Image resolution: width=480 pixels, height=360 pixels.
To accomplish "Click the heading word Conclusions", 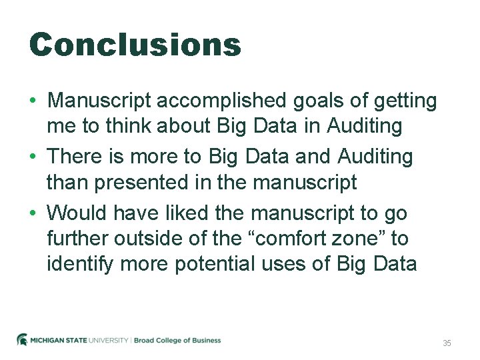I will [135, 45].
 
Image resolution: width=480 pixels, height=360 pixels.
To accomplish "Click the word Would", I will [78, 213].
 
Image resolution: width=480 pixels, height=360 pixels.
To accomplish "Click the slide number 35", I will [447, 343].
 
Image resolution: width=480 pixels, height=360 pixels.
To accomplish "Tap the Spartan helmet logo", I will [22, 340].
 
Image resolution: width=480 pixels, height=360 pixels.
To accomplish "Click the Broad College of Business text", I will [177, 341].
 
